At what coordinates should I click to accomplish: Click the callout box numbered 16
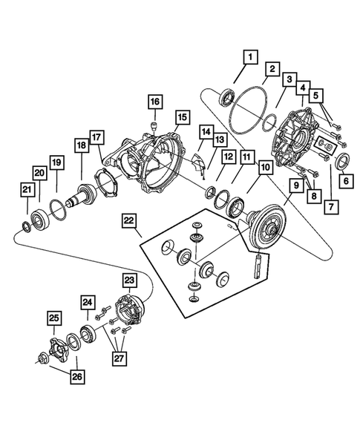(154, 101)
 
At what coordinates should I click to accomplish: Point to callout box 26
(76, 377)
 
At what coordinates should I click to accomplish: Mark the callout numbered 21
(25, 193)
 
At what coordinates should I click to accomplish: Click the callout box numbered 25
(53, 319)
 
